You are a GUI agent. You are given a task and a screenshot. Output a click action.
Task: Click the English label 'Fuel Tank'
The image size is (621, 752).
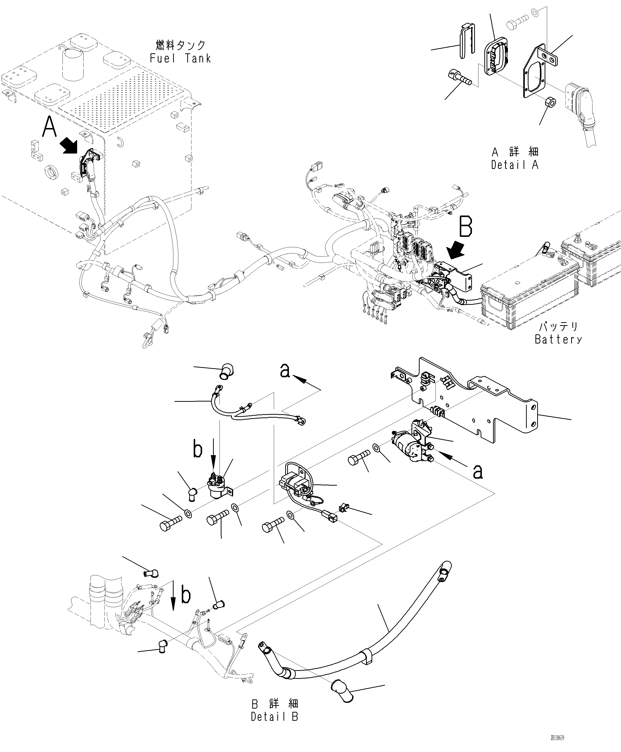pos(180,58)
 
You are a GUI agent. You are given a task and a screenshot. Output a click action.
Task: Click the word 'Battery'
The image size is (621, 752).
pos(558,339)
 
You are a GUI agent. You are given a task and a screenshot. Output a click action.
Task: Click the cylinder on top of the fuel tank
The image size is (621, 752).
pos(73,64)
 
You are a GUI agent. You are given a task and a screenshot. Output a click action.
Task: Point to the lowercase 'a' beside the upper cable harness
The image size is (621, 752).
pos(285,371)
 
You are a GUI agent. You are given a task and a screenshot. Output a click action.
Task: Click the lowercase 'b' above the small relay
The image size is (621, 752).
pos(197,449)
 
